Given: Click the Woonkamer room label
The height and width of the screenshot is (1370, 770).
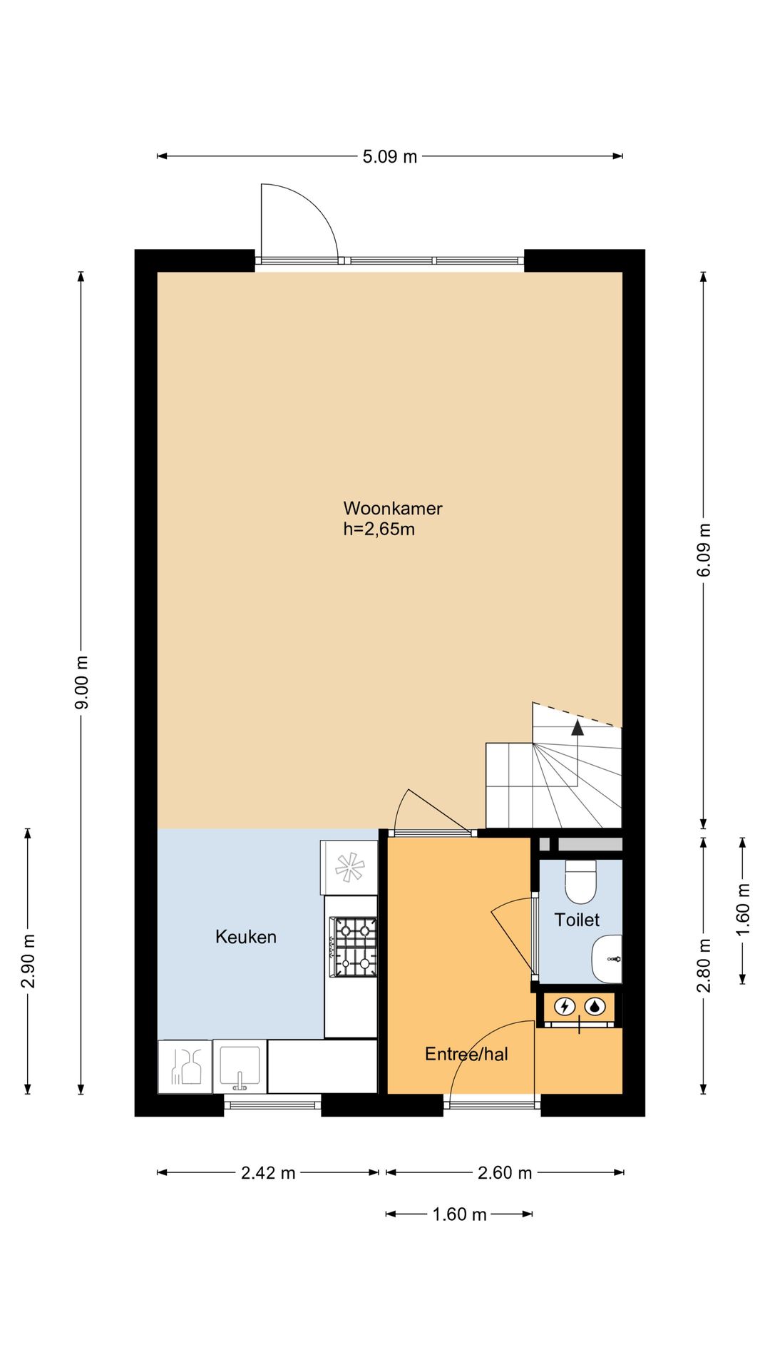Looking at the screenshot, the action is [393, 508].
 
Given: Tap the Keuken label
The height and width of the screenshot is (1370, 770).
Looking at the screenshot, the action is [246, 937].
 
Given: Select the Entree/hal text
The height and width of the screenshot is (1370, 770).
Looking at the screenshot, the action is [466, 1054].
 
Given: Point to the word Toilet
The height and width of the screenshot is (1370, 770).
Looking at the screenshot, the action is [577, 920].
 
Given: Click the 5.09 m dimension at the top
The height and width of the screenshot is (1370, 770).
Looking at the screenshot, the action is [390, 157].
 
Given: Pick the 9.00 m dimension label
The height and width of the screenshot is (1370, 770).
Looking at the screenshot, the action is [82, 683].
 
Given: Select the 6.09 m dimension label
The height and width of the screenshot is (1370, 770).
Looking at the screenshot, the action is [704, 550].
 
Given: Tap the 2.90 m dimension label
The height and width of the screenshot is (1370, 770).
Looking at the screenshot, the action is [29, 961].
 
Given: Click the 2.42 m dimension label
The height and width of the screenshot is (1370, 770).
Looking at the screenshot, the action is [268, 1173].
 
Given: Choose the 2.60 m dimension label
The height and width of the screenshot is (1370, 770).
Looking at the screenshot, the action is [505, 1173].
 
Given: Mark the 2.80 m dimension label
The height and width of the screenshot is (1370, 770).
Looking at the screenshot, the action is [704, 965].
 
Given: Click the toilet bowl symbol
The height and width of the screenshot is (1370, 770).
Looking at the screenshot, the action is [580, 881].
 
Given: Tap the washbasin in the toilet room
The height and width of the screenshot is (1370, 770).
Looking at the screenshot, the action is [607, 959].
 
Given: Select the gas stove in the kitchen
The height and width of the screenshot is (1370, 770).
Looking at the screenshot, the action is [353, 947].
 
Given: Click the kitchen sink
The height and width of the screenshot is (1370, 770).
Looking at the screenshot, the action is [240, 1067].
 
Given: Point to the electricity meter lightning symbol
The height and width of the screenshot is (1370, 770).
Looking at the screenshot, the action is [565, 1007].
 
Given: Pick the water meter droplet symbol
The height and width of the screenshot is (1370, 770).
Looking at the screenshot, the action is [595, 1007].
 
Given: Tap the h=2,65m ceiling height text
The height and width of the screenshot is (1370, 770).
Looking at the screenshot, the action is [379, 529].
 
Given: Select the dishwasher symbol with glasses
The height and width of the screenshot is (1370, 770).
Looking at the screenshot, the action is [185, 1067].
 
